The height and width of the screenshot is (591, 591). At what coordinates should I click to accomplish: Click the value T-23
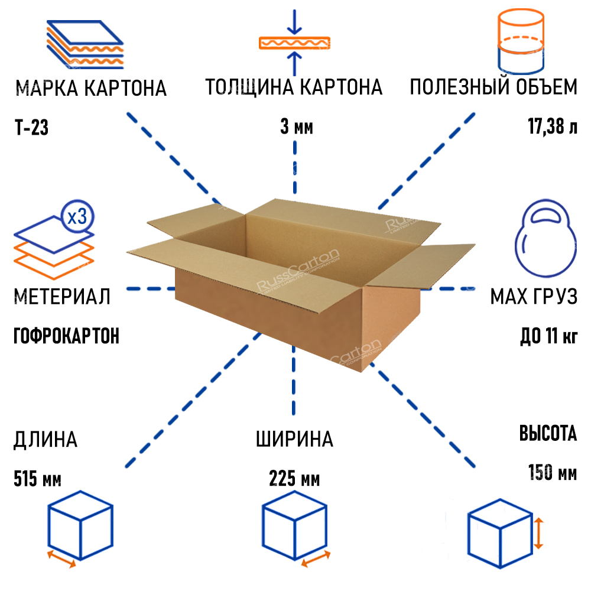(x=30, y=128)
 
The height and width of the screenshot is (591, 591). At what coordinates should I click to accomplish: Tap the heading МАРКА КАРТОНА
(x=91, y=89)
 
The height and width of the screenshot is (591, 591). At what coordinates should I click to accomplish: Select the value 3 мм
(x=295, y=128)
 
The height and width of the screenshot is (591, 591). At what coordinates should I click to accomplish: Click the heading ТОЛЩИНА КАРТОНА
(x=294, y=87)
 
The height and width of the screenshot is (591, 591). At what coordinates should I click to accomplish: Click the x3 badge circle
(x=77, y=217)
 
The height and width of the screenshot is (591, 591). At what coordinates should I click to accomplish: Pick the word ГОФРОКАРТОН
(x=66, y=336)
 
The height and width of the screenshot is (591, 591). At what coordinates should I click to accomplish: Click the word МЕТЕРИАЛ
(x=61, y=296)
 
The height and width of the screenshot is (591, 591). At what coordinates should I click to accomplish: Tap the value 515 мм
(x=37, y=478)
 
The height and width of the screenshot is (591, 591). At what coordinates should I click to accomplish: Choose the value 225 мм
(x=294, y=478)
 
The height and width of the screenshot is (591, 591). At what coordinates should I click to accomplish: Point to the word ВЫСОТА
(x=548, y=434)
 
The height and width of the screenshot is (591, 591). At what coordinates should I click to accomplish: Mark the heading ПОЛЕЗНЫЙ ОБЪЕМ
(x=493, y=87)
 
